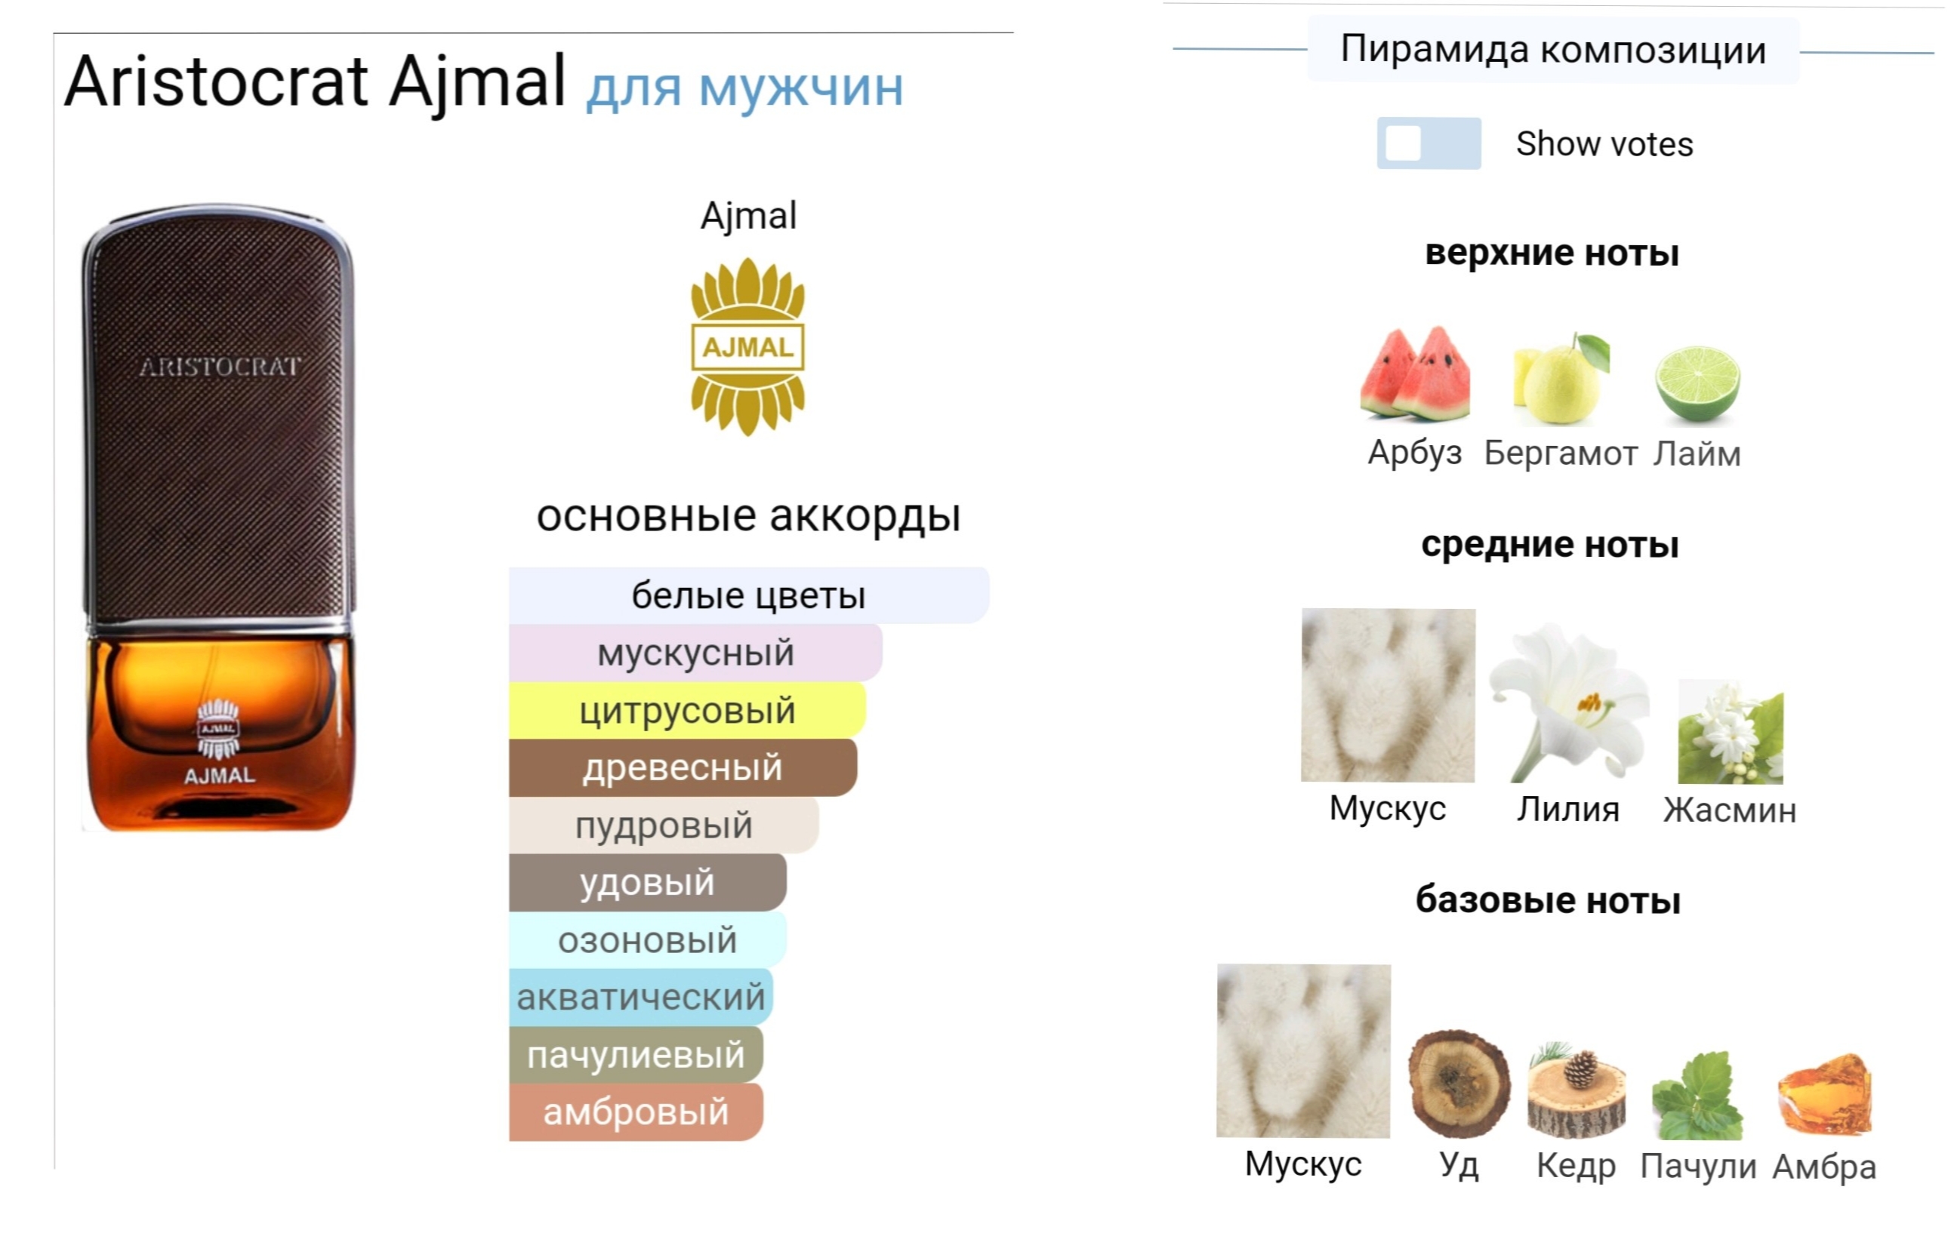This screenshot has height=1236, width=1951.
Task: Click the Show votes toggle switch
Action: pyautogui.click(x=1429, y=143)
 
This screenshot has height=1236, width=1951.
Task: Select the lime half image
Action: pyautogui.click(x=1697, y=383)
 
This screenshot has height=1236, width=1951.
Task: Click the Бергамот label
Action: pyautogui.click(x=1560, y=453)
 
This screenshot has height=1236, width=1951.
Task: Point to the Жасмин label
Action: pyautogui.click(x=1730, y=810)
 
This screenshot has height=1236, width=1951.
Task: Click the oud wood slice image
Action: pyautogui.click(x=1459, y=1084)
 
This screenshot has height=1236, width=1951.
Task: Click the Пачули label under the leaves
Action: pyautogui.click(x=1698, y=1167)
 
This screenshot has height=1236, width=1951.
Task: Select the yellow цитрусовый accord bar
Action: pyautogui.click(x=687, y=710)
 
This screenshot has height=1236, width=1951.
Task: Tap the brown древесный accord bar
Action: pyautogui.click(x=683, y=768)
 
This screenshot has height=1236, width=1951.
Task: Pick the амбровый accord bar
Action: pyautogui.click(x=635, y=1112)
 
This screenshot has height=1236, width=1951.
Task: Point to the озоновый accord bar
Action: pyautogui.click(x=646, y=940)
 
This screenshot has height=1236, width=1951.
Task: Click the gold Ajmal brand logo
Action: pyautogui.click(x=747, y=346)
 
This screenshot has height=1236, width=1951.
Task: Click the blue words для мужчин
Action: pyautogui.click(x=744, y=88)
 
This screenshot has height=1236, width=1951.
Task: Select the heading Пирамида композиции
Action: pyautogui.click(x=1552, y=49)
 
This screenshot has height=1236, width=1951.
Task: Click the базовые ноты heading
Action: pyautogui.click(x=1548, y=900)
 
